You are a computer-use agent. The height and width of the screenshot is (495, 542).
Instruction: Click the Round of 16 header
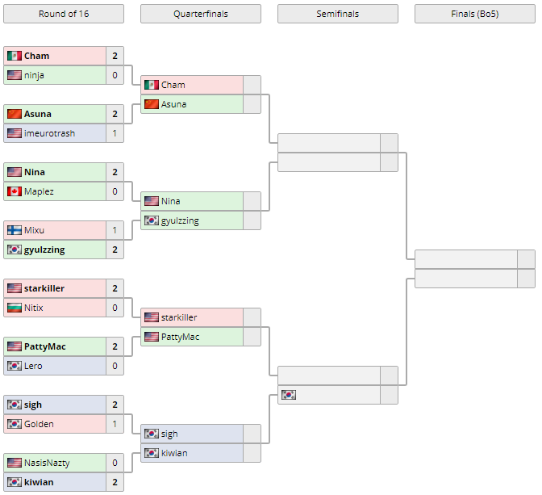64,14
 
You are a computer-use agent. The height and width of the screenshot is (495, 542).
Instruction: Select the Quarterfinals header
200,14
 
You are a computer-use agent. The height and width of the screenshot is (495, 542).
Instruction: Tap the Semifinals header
337,14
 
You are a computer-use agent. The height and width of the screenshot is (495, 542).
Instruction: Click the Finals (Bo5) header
474,14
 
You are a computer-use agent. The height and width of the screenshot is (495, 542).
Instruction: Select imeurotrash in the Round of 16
49,133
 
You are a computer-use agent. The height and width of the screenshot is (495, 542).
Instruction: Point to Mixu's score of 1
115,230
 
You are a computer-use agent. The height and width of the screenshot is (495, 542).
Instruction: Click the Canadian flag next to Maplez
14,191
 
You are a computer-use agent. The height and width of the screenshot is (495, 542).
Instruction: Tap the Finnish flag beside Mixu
14,230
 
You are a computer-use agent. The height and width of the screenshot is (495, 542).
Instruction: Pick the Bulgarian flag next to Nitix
14,308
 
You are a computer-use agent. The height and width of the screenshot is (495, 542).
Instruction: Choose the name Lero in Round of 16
33,366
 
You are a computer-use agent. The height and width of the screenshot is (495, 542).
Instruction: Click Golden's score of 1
115,424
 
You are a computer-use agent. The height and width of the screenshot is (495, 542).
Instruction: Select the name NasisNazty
47,463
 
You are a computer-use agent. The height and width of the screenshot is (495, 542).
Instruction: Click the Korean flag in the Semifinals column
288,395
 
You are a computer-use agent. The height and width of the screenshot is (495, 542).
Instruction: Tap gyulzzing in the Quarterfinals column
180,220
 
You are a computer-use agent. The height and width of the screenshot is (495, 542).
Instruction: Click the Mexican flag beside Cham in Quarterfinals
151,85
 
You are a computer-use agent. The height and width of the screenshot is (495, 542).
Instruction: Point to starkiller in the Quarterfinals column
179,317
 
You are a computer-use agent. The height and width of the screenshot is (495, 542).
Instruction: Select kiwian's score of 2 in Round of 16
115,482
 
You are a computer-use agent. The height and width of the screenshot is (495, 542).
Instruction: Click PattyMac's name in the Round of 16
45,346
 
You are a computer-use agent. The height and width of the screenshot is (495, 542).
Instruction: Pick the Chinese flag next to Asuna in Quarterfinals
151,104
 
